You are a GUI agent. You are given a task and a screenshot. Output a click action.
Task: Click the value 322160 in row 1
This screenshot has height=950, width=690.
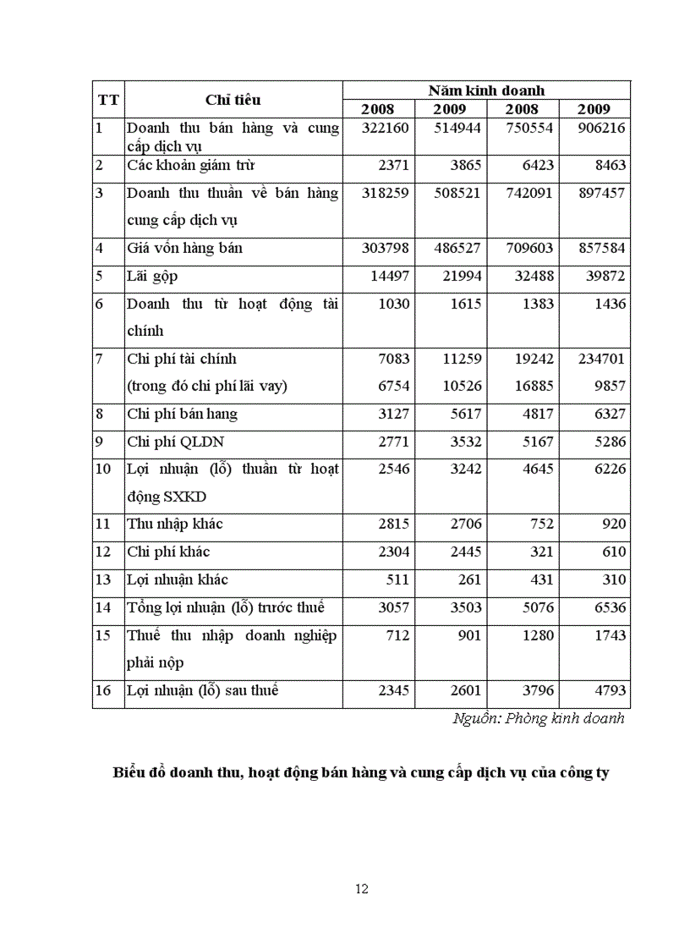click(385, 128)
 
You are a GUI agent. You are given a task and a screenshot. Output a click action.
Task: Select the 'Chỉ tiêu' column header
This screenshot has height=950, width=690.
click(233, 100)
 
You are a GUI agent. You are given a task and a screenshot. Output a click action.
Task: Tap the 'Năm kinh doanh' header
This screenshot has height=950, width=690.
click(486, 90)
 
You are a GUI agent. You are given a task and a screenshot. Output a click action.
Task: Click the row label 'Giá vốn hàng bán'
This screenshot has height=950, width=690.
click(184, 249)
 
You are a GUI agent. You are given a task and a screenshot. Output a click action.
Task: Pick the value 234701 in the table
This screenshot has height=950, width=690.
click(601, 359)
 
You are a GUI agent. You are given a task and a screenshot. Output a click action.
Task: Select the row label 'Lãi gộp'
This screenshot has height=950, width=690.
click(152, 277)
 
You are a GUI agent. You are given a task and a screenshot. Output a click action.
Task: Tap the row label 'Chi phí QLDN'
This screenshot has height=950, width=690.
click(175, 442)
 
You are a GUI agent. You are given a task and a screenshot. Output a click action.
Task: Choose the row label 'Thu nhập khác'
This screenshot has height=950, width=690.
click(175, 524)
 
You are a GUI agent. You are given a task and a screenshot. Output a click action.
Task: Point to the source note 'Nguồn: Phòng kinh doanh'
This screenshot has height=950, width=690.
click(539, 718)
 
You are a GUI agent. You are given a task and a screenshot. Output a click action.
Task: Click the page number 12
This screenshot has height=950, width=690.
click(361, 888)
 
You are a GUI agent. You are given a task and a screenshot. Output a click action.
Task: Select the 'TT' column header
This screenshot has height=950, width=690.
click(108, 100)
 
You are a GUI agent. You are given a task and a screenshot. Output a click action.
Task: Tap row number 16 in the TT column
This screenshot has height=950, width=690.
click(103, 690)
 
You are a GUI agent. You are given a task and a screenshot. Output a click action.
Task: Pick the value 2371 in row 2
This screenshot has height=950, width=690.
click(392, 165)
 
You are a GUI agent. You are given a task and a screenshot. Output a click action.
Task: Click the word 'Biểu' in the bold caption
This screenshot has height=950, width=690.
click(129, 772)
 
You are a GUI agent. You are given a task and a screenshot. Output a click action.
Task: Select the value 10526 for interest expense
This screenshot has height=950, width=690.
click(461, 386)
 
